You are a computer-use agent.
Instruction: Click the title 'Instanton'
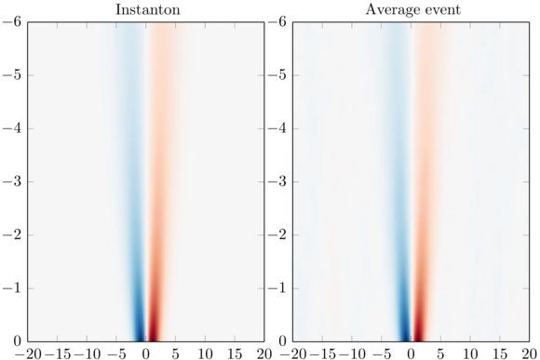145,9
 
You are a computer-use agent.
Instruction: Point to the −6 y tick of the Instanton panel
13,22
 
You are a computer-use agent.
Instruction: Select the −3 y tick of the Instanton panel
13,181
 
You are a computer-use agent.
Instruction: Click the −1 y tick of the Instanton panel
13,287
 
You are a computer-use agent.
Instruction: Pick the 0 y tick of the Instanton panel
18,340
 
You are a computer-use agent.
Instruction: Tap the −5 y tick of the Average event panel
278,75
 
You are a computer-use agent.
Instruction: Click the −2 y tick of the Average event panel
278,234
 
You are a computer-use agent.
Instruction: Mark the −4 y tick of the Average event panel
278,128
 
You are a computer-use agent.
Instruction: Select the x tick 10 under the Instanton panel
205,353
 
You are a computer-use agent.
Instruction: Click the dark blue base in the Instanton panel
140,330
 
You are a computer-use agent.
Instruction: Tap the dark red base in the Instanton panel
153,330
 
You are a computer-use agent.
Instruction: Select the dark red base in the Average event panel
417,330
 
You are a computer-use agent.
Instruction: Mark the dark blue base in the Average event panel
405,330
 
